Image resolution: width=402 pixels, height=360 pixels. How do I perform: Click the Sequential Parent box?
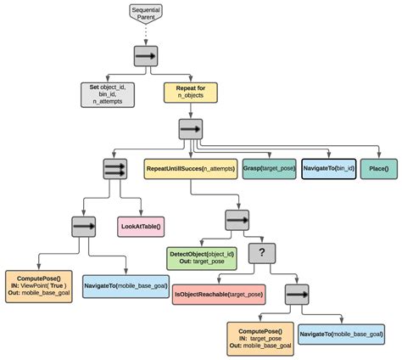[146, 13]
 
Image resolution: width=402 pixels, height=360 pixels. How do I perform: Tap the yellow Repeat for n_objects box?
[193, 92]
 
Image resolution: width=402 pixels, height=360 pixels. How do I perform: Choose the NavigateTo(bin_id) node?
[329, 169]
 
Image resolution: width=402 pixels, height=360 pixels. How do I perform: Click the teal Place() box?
[378, 169]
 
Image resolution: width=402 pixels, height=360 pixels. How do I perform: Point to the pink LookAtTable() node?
[140, 228]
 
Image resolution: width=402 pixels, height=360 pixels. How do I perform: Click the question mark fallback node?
[263, 253]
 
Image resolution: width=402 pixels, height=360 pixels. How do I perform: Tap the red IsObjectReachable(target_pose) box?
[218, 294]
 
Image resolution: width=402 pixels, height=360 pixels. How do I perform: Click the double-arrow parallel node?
[114, 169]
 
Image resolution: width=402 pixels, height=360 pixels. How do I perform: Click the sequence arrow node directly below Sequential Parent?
[146, 57]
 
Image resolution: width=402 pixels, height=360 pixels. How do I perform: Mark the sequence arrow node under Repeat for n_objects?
[189, 130]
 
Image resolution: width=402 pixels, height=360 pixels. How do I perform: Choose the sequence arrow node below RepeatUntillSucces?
[237, 219]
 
